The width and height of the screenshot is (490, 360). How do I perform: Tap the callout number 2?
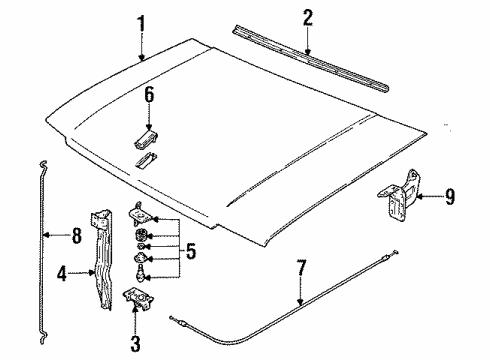(308, 17)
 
